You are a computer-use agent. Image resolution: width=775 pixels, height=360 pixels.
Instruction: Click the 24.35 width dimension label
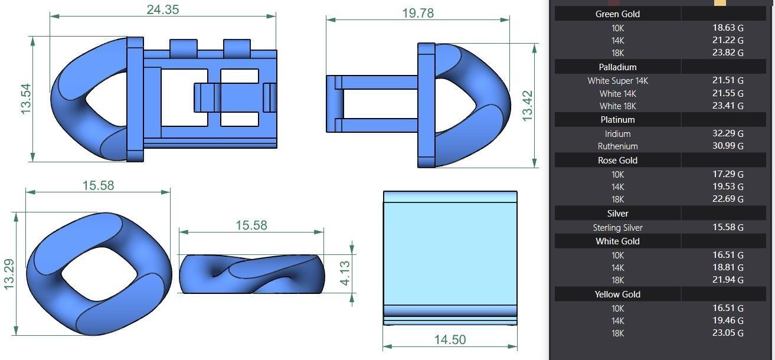tap(162, 9)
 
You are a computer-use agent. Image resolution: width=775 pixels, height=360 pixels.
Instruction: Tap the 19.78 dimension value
tap(418, 13)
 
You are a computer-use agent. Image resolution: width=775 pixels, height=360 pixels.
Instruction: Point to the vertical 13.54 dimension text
tap(26, 99)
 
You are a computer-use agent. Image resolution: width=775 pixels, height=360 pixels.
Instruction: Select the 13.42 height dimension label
tap(528, 106)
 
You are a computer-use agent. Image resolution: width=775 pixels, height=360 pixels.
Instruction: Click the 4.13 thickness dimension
tap(345, 273)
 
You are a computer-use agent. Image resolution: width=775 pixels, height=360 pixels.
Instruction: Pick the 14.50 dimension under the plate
tap(450, 339)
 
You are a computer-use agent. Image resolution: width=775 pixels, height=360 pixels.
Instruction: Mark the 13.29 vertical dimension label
tap(9, 274)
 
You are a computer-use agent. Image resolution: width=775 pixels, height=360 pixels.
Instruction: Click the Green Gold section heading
tap(617, 14)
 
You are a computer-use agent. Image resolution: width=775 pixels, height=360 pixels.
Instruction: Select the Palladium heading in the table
tap(617, 67)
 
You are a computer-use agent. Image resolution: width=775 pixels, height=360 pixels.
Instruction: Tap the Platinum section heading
tap(617, 120)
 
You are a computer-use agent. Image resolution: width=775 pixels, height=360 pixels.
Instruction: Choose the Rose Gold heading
tap(617, 161)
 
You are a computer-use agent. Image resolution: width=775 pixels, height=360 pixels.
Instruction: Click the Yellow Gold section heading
tap(617, 294)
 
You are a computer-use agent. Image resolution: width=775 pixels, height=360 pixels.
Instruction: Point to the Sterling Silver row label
tap(617, 228)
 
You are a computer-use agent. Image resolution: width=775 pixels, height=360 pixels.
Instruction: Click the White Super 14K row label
tap(617, 81)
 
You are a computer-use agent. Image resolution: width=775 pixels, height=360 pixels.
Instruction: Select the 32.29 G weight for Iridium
tap(727, 134)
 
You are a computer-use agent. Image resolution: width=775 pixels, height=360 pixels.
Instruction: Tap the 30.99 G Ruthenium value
tap(727, 146)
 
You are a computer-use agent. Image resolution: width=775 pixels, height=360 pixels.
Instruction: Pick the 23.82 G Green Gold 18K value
tap(727, 53)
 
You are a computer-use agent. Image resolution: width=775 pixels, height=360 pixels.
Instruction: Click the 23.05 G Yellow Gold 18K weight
tap(727, 333)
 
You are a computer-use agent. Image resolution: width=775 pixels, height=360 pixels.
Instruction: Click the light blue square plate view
tap(450, 254)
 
